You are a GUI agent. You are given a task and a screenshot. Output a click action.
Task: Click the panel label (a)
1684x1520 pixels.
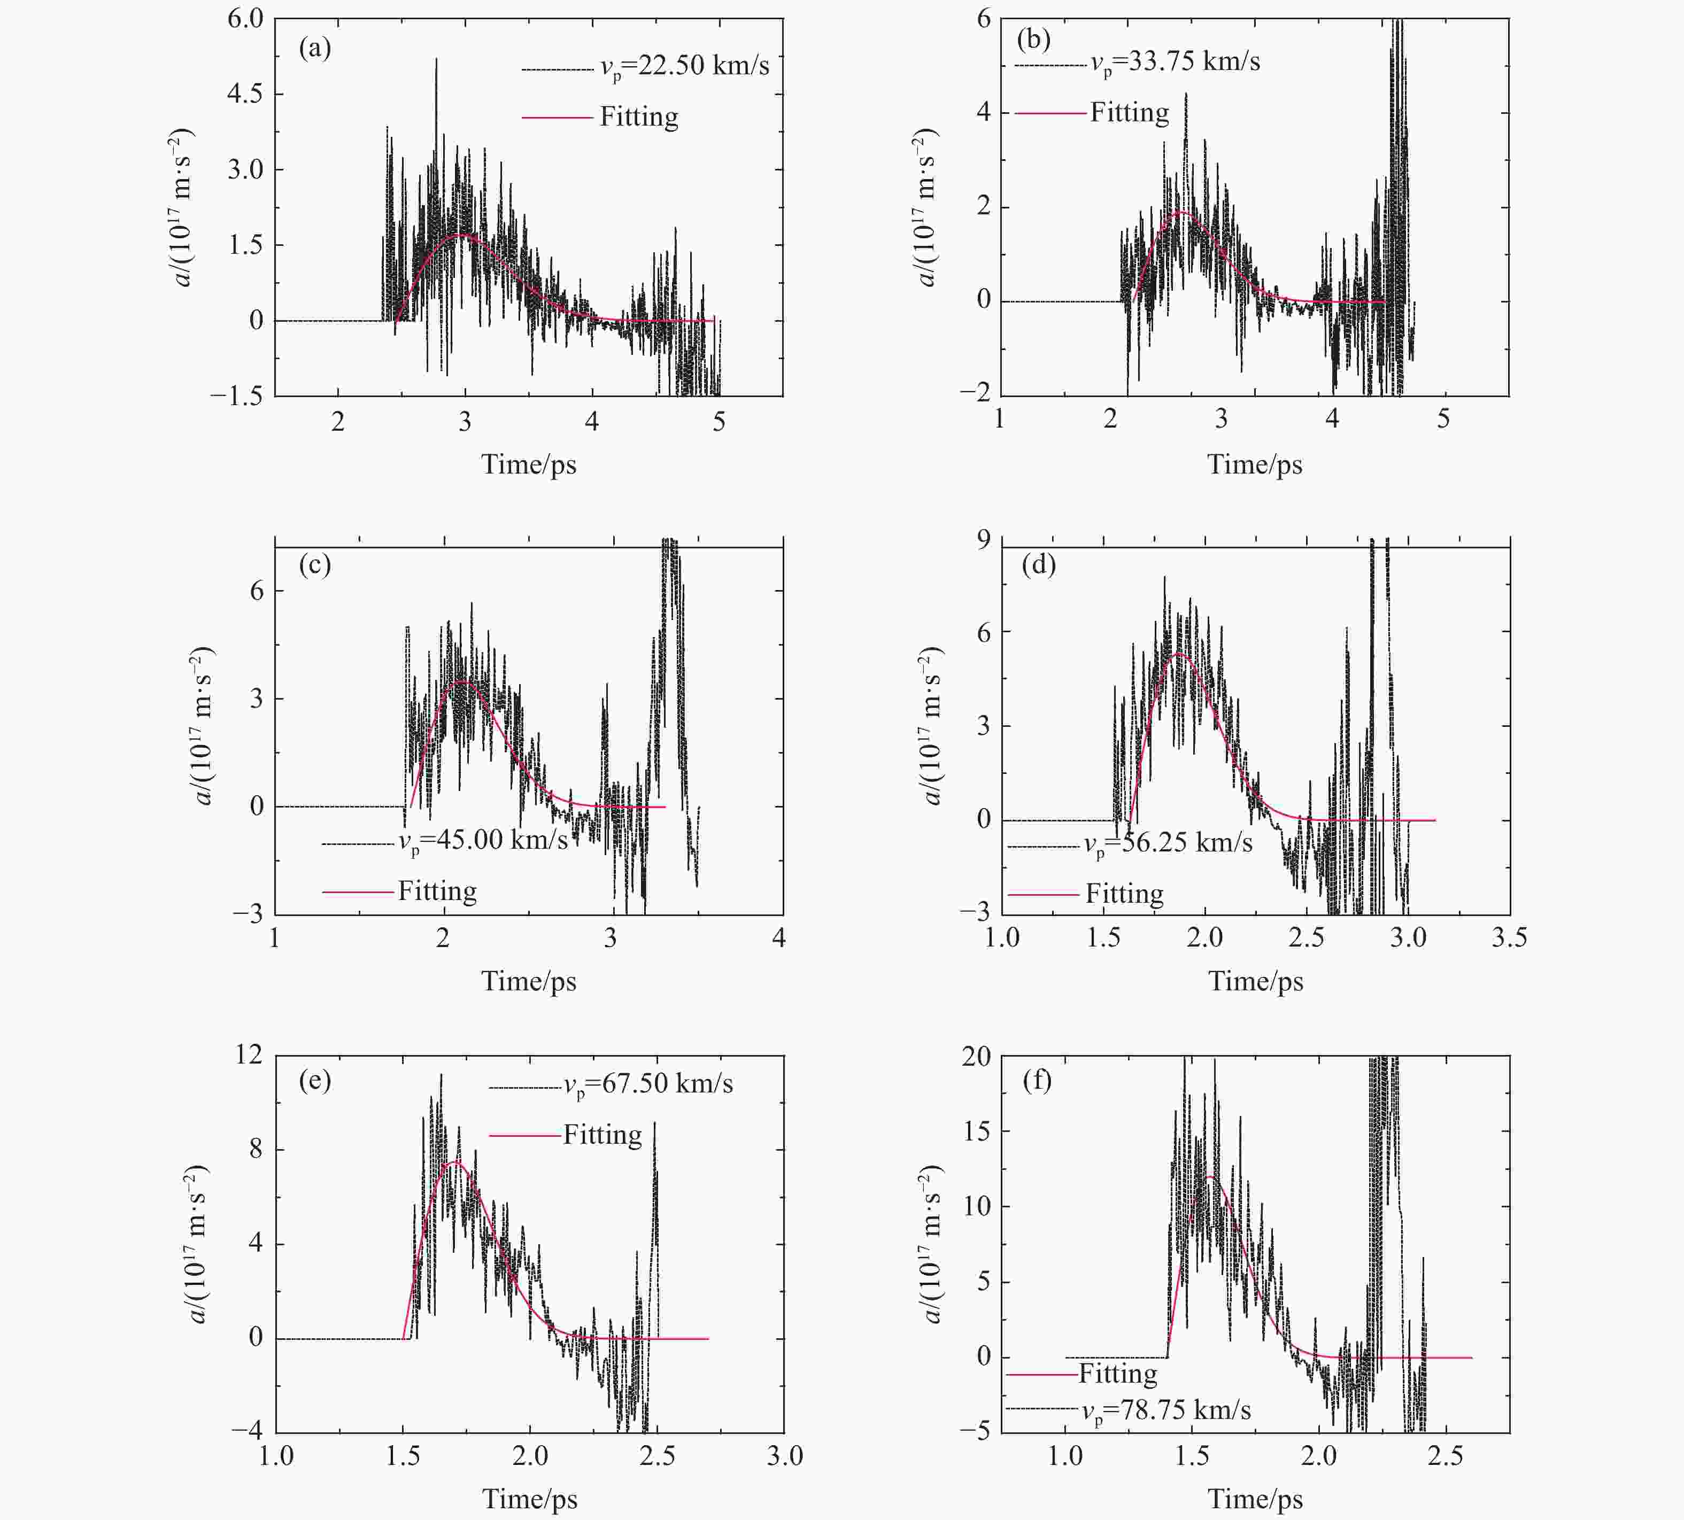[x=315, y=49]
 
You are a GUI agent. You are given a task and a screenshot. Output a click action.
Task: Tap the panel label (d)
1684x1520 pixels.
[x=1038, y=565]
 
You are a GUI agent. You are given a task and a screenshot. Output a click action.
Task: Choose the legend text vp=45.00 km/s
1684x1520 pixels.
[x=482, y=839]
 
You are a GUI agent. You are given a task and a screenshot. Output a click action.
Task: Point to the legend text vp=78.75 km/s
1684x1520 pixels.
[x=1166, y=1410]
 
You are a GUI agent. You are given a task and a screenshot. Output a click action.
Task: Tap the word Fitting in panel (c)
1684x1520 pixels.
[x=437, y=891]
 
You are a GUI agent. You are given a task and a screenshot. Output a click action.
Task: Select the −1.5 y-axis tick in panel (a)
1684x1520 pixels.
[x=236, y=396]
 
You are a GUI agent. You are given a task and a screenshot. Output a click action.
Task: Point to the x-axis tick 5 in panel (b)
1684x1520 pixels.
[x=1442, y=419]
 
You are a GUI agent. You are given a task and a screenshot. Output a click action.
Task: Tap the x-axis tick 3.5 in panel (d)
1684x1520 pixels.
[x=1509, y=938]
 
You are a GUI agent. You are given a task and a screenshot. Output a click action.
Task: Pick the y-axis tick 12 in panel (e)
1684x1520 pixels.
[x=248, y=1055]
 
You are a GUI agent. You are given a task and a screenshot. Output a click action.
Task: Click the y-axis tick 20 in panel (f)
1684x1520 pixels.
[x=976, y=1057]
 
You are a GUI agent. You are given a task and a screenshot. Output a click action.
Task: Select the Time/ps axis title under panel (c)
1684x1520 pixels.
[x=529, y=981]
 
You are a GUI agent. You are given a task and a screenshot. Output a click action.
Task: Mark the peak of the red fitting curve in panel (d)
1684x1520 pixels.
[x=1178, y=654]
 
